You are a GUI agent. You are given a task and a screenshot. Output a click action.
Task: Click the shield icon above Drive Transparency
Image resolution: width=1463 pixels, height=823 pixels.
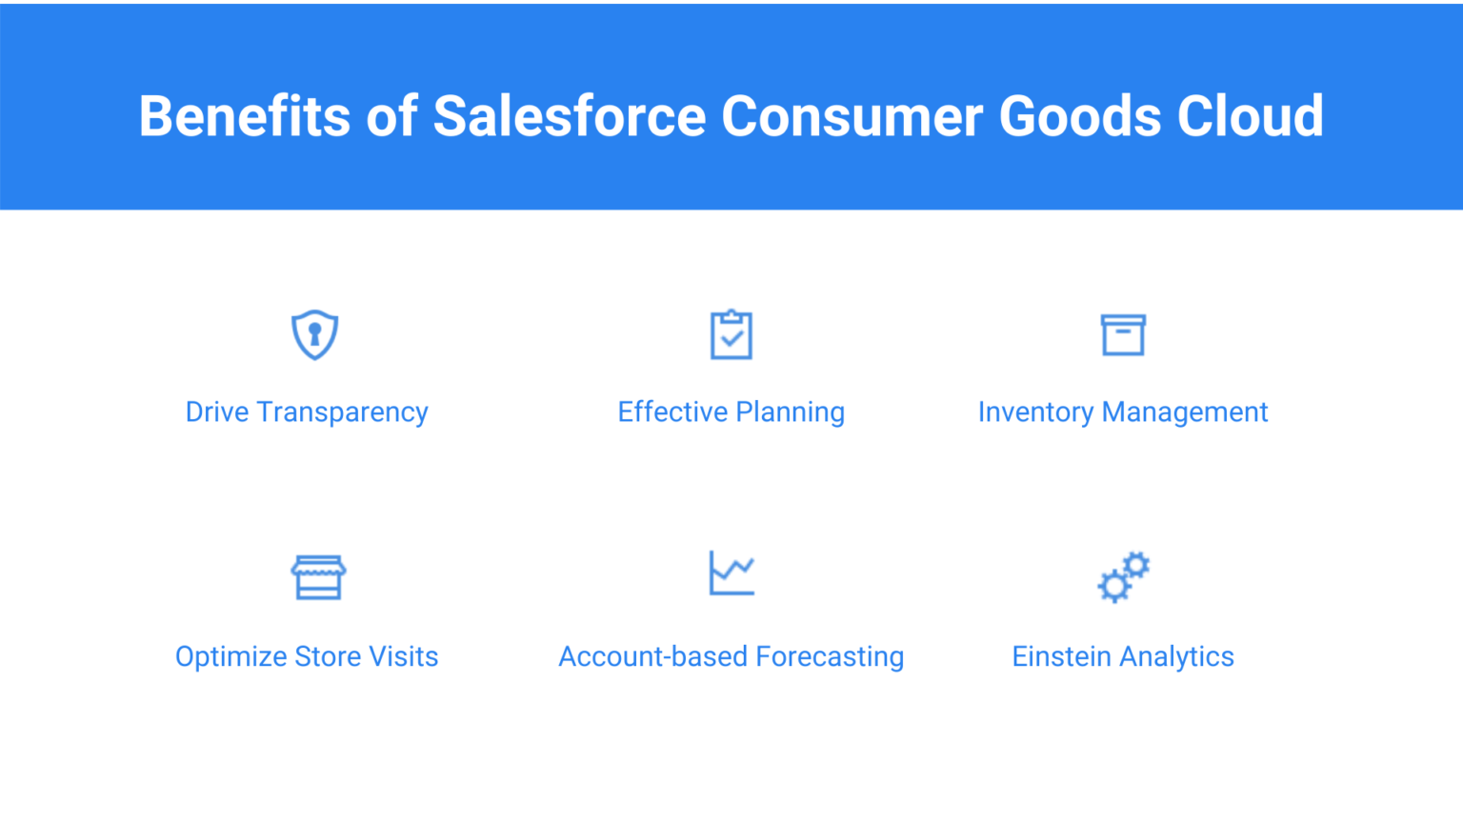[x=315, y=334]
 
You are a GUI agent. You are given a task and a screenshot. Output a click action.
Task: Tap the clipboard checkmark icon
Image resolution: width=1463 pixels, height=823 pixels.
[x=731, y=334]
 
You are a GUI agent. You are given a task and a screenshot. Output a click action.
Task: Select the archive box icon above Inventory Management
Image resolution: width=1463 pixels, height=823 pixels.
[x=1123, y=335]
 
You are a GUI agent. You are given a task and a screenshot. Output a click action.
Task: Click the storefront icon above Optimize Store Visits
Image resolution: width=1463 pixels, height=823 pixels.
[x=318, y=576]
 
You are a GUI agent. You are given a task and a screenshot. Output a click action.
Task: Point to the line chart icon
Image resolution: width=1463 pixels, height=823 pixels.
[x=731, y=572]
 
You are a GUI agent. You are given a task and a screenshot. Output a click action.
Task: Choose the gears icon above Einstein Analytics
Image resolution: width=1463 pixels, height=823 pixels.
[x=1123, y=576]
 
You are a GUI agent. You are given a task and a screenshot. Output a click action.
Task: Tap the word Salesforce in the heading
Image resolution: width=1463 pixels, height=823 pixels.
[x=570, y=116]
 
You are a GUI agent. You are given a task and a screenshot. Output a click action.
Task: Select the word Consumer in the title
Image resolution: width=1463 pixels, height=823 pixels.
[x=852, y=116]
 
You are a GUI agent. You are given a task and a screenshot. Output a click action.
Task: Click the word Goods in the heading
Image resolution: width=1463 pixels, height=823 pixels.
[x=1079, y=116]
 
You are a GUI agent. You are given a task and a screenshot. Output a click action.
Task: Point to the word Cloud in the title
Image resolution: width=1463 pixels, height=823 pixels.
[x=1250, y=116]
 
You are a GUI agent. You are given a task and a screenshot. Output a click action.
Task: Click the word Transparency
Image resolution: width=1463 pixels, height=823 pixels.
[x=342, y=412]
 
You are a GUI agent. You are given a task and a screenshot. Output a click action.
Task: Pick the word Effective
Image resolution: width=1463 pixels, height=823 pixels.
[x=672, y=412]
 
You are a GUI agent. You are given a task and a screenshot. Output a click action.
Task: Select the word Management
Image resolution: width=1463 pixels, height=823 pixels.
[x=1185, y=412]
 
